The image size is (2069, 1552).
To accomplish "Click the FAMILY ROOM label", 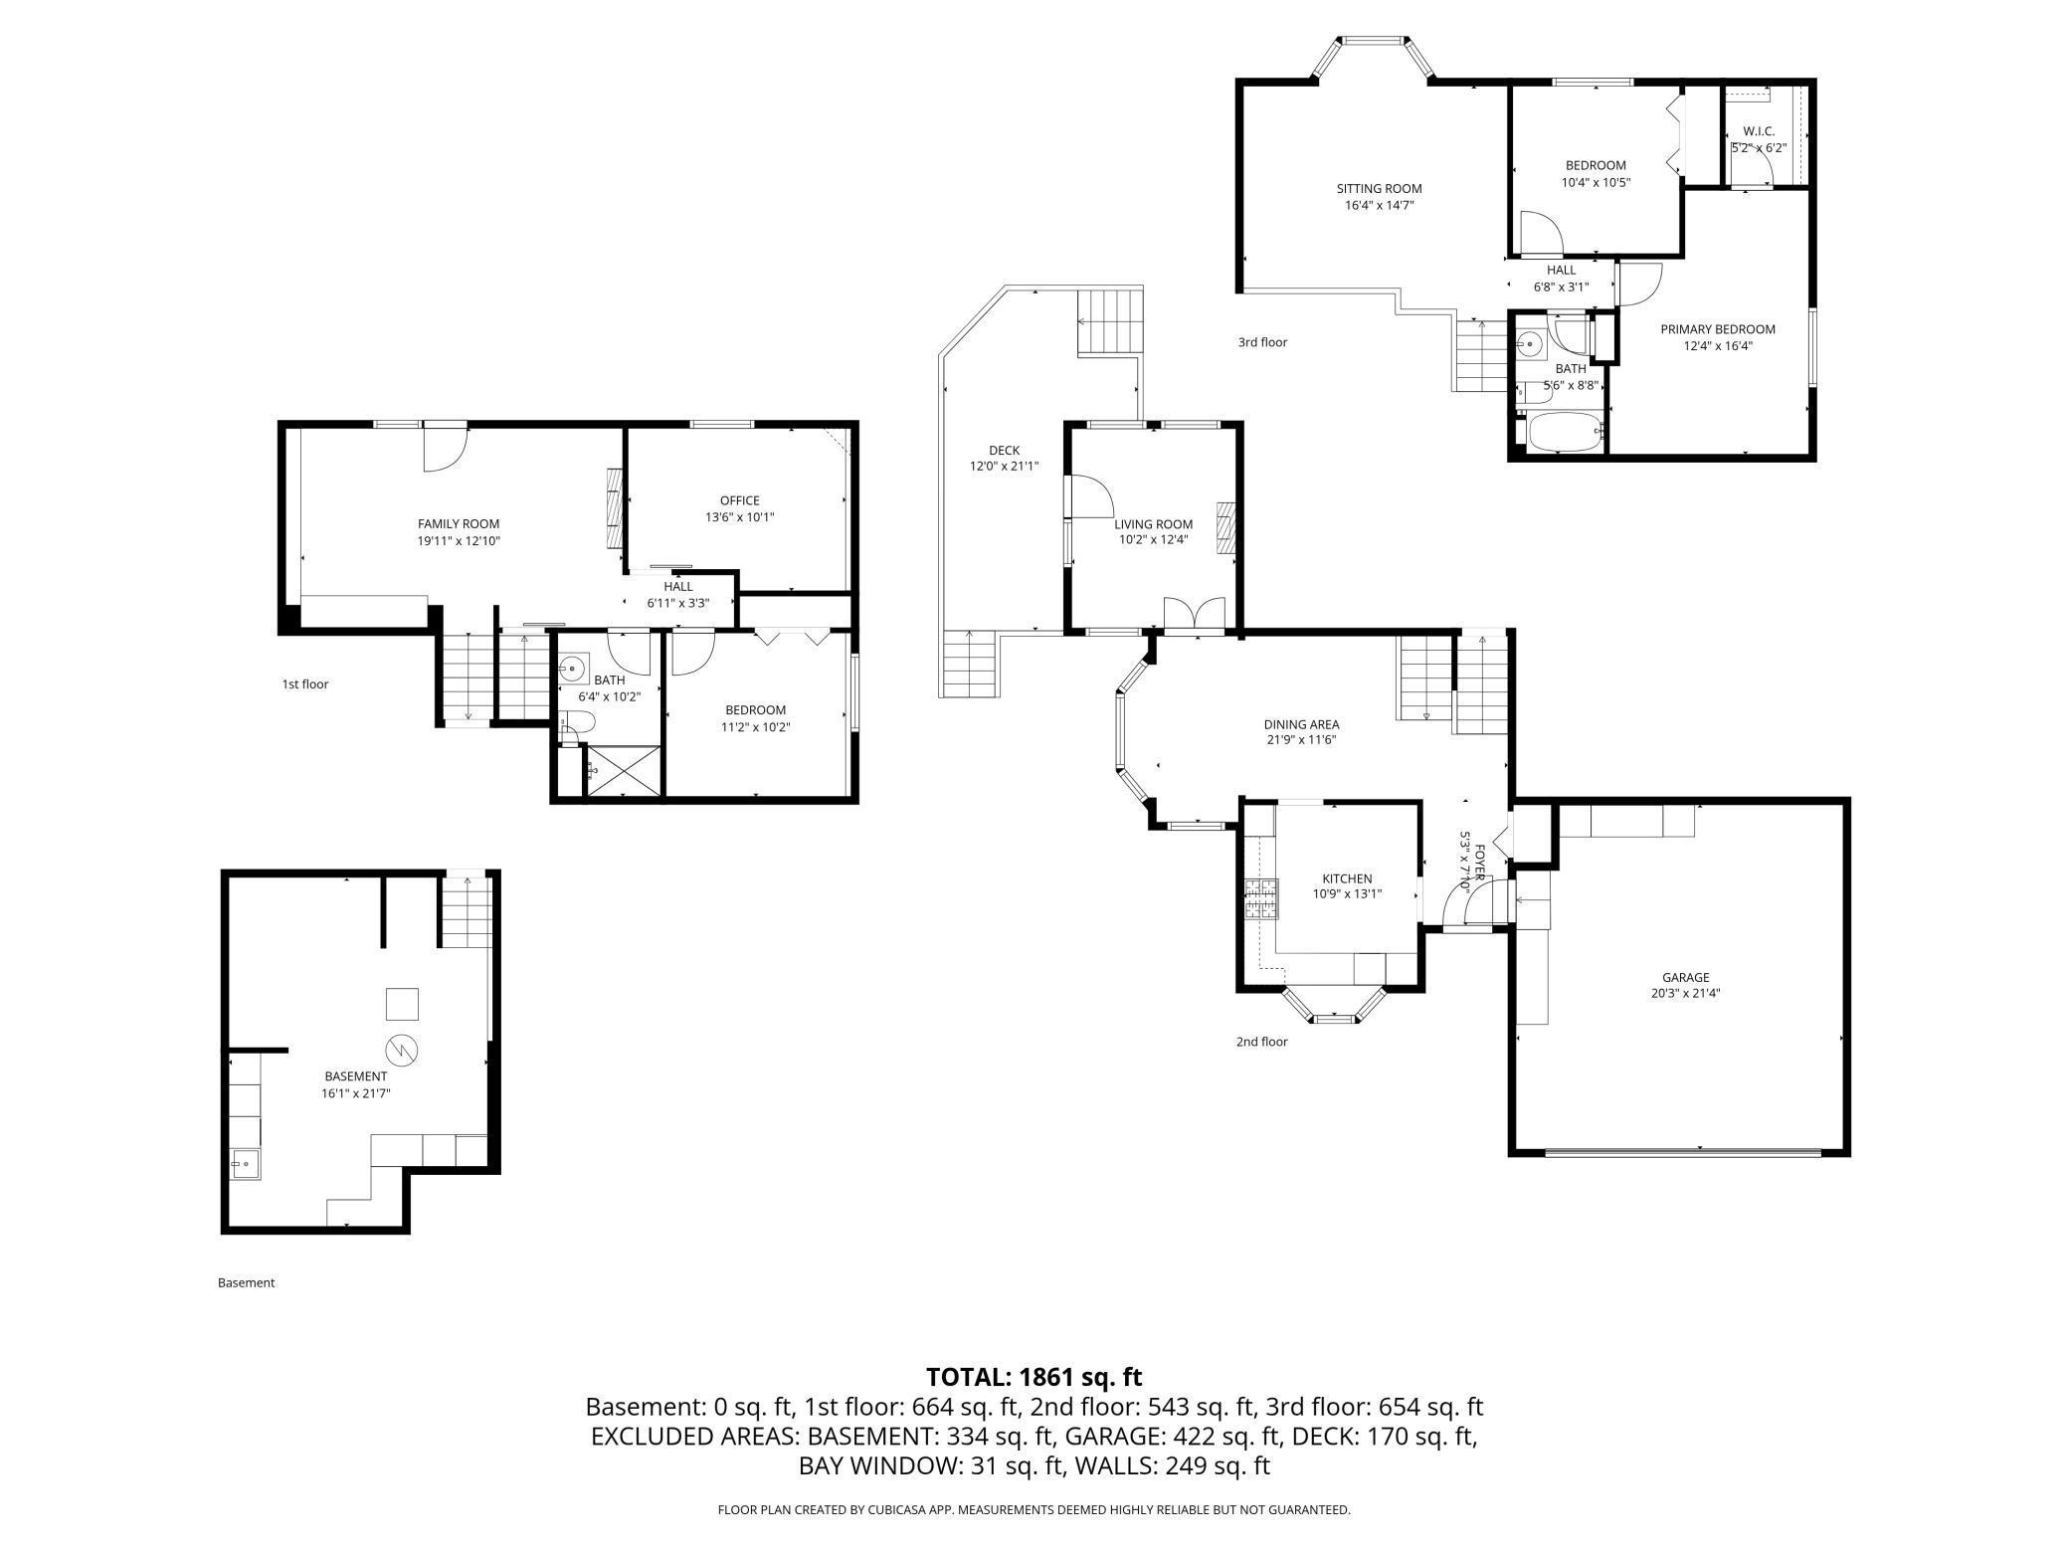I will pyautogui.click(x=458, y=524).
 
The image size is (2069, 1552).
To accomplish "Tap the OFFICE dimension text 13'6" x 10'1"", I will pyautogui.click(x=739, y=517).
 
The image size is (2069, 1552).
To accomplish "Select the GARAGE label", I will pyautogui.click(x=1685, y=977).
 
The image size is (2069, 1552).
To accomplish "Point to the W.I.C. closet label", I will pyautogui.click(x=1759, y=131).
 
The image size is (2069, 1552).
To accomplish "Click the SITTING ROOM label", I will pyautogui.click(x=1379, y=188).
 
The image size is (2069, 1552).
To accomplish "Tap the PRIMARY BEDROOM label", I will pyautogui.click(x=1717, y=329).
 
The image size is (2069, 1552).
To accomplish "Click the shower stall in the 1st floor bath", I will pyautogui.click(x=623, y=770).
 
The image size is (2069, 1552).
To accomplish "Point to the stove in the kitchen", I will pyautogui.click(x=1259, y=899).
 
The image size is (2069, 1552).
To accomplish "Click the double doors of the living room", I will pyautogui.click(x=1194, y=615).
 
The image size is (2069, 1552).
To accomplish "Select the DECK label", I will pyautogui.click(x=1004, y=451).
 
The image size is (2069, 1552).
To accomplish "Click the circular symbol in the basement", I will pyautogui.click(x=402, y=1049).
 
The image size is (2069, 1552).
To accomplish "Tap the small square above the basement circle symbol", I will pyautogui.click(x=402, y=1004).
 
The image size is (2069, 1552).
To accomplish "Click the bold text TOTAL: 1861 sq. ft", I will pyautogui.click(x=1034, y=1377).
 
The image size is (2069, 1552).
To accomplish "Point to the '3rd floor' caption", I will pyautogui.click(x=1262, y=342).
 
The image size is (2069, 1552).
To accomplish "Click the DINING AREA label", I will pyautogui.click(x=1301, y=724).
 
